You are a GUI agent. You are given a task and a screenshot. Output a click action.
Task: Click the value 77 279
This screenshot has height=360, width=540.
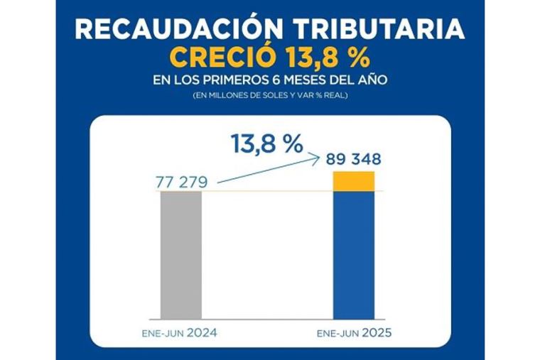tap(181, 183)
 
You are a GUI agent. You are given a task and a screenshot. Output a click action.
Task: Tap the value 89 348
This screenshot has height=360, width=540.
tap(354, 159)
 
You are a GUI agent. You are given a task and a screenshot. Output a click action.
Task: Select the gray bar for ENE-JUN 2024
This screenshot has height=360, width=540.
tap(181, 255)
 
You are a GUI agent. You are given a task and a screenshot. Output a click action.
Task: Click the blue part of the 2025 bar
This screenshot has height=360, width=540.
tap(354, 255)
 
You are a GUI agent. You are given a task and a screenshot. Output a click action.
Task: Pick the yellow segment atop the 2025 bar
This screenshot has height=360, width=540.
tap(354, 181)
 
